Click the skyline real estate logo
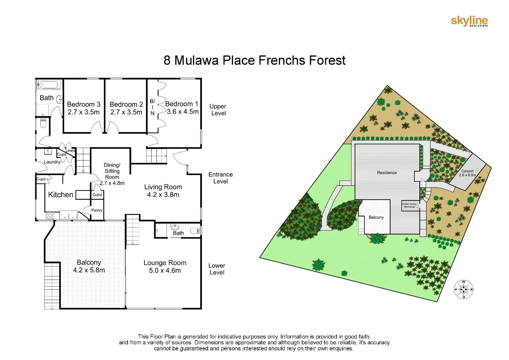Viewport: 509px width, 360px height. (x=469, y=21)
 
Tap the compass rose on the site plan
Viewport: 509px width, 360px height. (x=463, y=289)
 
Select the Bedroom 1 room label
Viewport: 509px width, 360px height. (x=182, y=104)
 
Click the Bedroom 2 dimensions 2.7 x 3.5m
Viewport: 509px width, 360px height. (x=126, y=112)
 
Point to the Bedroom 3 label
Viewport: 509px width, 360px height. (x=84, y=104)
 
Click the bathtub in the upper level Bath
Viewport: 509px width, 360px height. (x=49, y=85)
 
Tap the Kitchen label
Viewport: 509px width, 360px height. (x=61, y=195)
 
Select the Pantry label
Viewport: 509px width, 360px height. (x=97, y=210)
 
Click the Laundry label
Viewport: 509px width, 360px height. (x=52, y=162)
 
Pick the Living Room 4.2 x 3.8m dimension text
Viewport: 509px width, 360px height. (x=163, y=195)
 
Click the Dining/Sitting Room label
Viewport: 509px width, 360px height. (x=112, y=171)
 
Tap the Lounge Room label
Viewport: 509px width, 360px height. (x=165, y=263)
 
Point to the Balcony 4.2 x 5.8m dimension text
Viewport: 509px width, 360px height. (x=89, y=270)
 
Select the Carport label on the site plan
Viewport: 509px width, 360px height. (x=467, y=171)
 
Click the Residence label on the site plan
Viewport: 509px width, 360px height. (x=387, y=173)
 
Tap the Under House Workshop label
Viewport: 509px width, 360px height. (x=409, y=205)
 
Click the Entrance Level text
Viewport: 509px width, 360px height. (x=221, y=178)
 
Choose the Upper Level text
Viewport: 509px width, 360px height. (x=218, y=110)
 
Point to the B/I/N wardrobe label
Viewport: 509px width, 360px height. (x=152, y=107)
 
